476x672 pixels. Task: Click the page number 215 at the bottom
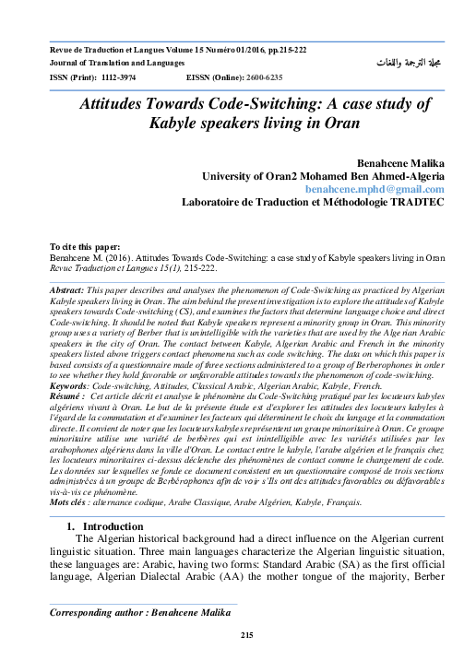(x=246, y=636)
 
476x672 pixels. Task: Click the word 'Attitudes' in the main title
(x=125, y=104)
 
